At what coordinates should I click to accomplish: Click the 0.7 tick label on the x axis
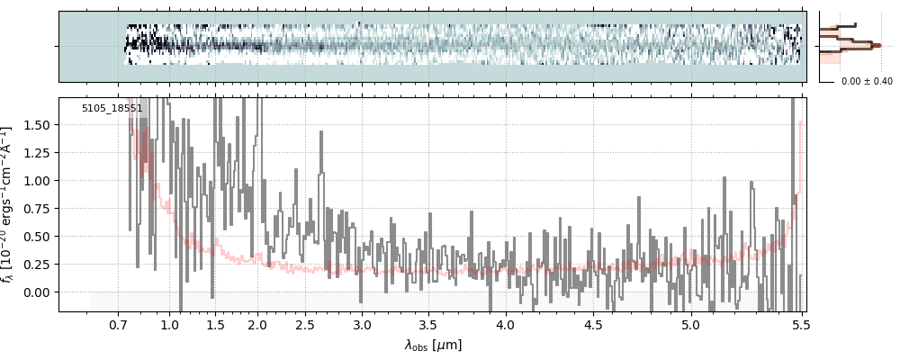coord(119,324)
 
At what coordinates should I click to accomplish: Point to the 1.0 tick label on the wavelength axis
coord(170,324)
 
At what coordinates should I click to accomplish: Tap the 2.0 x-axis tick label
coord(257,324)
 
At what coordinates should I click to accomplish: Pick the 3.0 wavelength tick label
coord(362,324)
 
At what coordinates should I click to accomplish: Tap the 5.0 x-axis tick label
coord(690,324)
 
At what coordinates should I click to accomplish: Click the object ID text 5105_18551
coord(112,109)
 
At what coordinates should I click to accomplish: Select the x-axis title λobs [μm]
coord(433,345)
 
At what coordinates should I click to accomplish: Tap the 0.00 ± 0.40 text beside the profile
coord(867,82)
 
